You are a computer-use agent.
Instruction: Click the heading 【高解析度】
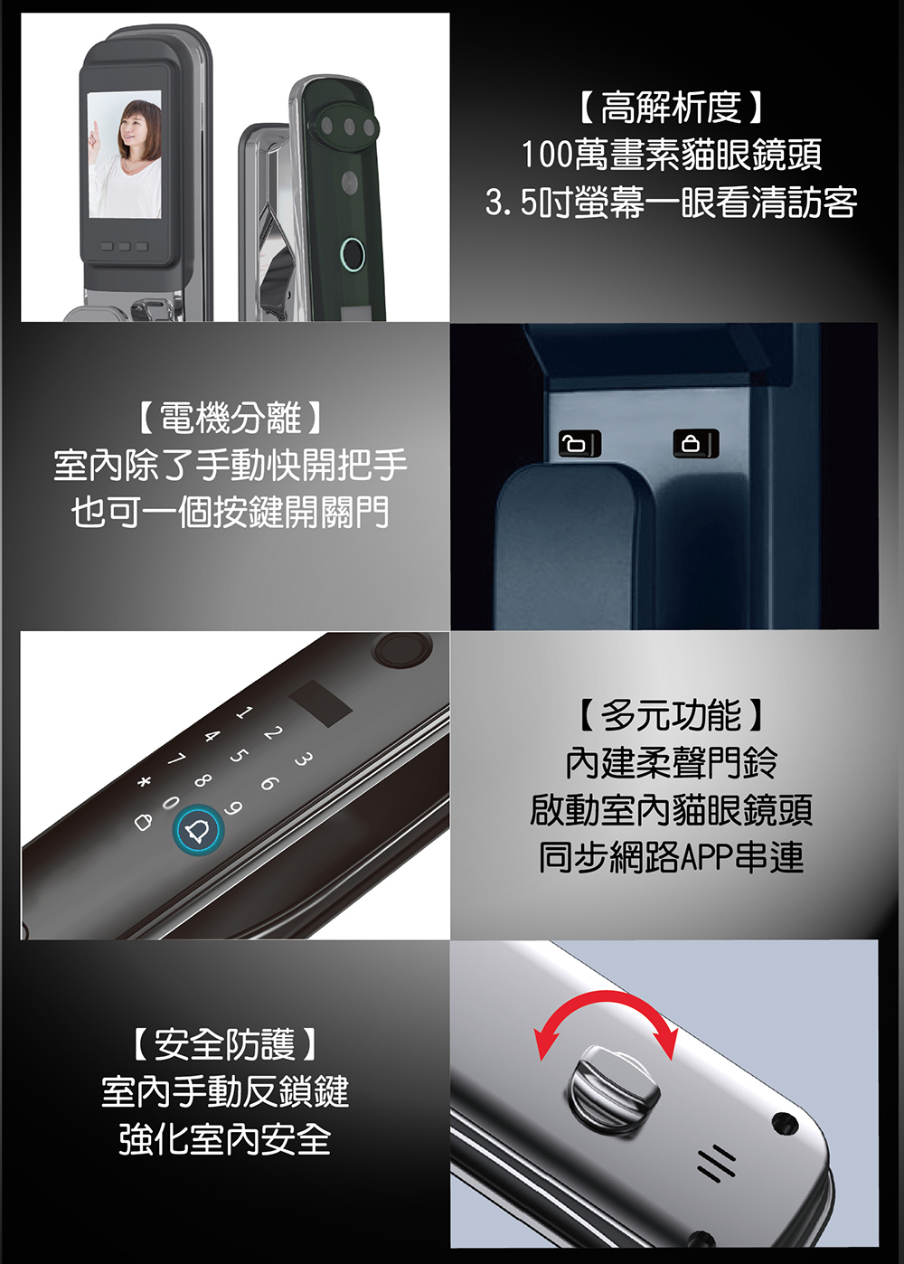(x=671, y=108)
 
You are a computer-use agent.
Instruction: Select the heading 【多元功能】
(x=671, y=715)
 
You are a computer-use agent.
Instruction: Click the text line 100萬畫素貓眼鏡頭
(x=671, y=155)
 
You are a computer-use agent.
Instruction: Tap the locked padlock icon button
(x=693, y=444)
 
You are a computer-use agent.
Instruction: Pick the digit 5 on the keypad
(x=238, y=755)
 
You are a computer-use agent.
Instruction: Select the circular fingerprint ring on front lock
(x=352, y=255)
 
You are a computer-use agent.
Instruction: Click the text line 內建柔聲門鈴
(x=671, y=762)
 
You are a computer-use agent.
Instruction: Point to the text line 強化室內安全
(x=224, y=1139)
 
